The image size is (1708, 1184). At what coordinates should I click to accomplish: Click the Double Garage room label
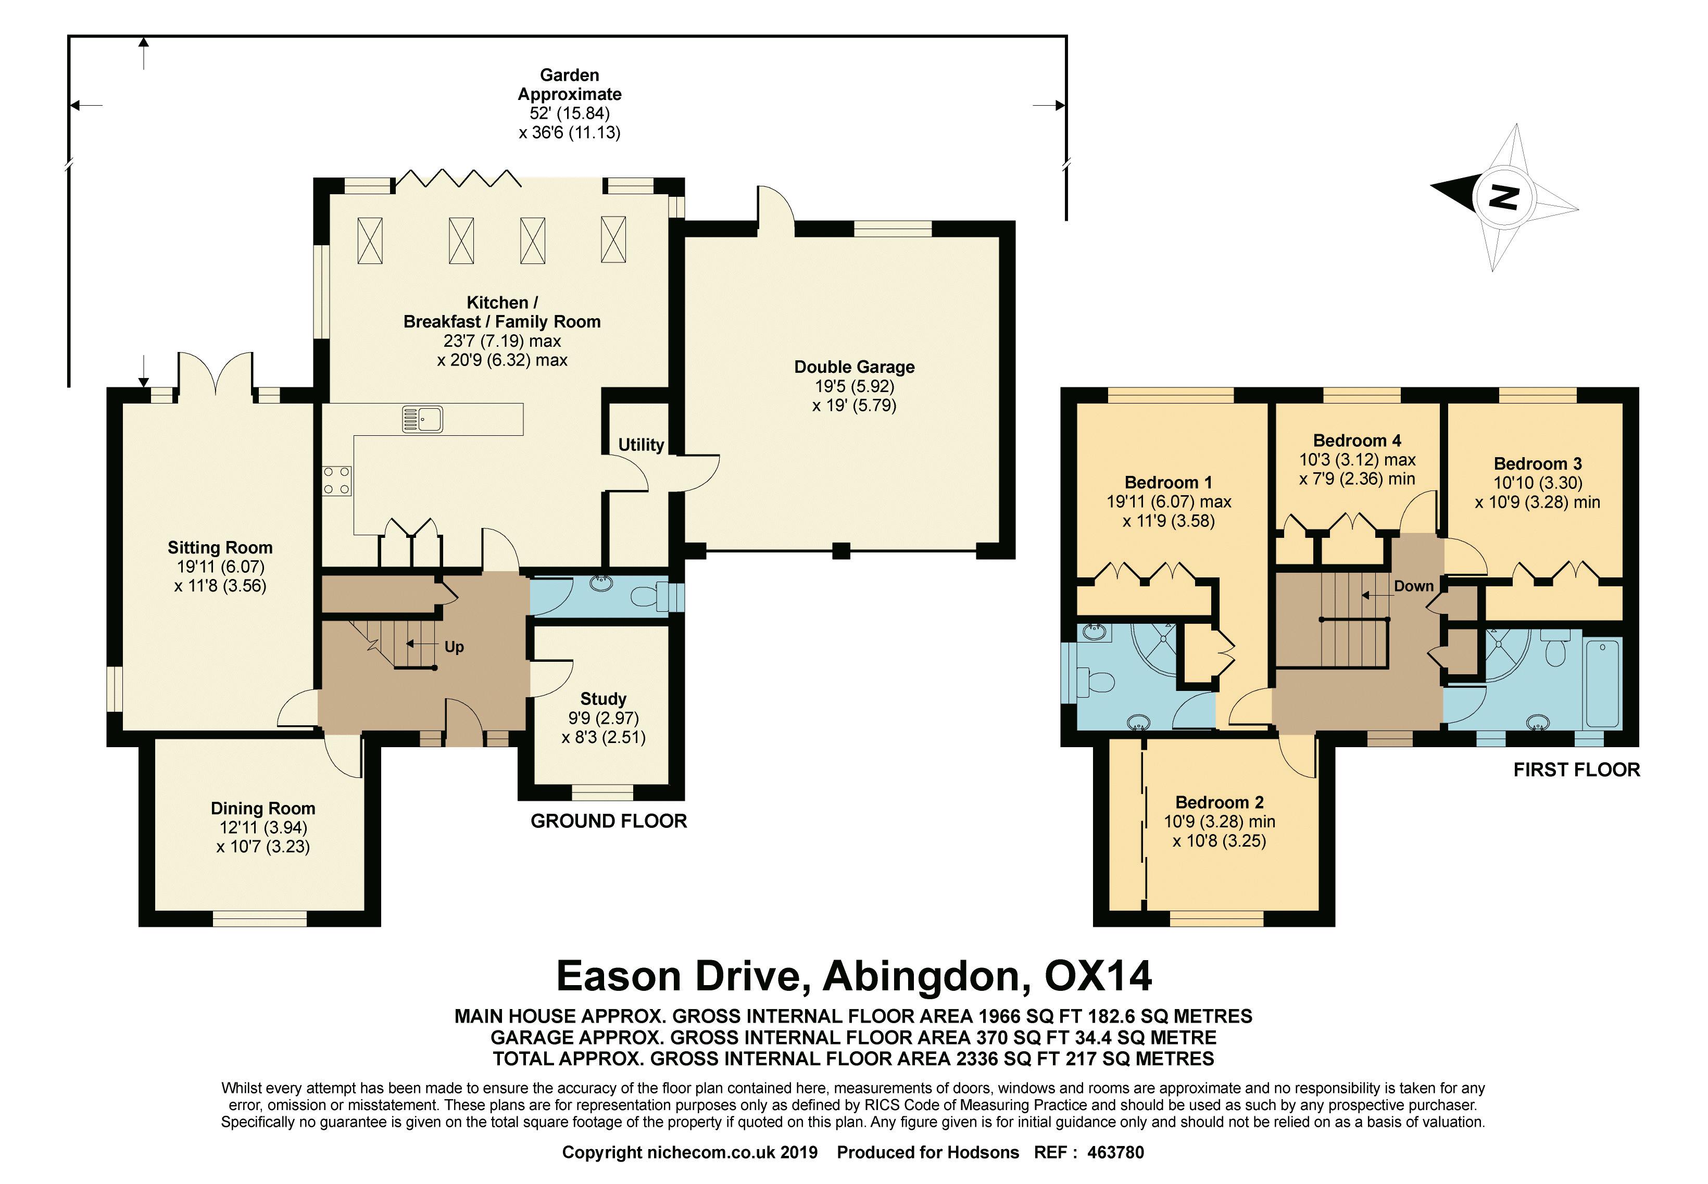click(854, 367)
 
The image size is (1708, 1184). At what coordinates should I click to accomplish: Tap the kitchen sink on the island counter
click(422, 419)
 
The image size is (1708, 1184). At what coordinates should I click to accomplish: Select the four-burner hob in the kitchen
click(336, 480)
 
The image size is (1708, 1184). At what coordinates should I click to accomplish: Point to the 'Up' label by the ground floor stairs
click(454, 647)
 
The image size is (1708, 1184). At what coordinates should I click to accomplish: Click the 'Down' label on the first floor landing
click(1413, 586)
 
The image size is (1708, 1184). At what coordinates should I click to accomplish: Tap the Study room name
click(603, 699)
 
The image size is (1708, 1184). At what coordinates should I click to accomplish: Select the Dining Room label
click(262, 809)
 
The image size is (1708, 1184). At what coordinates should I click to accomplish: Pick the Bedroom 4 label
click(1357, 440)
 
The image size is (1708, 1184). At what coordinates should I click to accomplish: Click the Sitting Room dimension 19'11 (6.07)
click(220, 567)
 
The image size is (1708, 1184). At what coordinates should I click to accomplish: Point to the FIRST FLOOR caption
click(1577, 770)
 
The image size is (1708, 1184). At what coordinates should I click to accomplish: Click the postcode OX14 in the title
click(1099, 976)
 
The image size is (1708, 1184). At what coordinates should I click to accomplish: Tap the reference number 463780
click(1116, 1152)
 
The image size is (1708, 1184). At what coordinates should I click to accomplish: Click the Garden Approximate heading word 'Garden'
click(569, 75)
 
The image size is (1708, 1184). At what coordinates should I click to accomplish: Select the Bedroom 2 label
click(1220, 803)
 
